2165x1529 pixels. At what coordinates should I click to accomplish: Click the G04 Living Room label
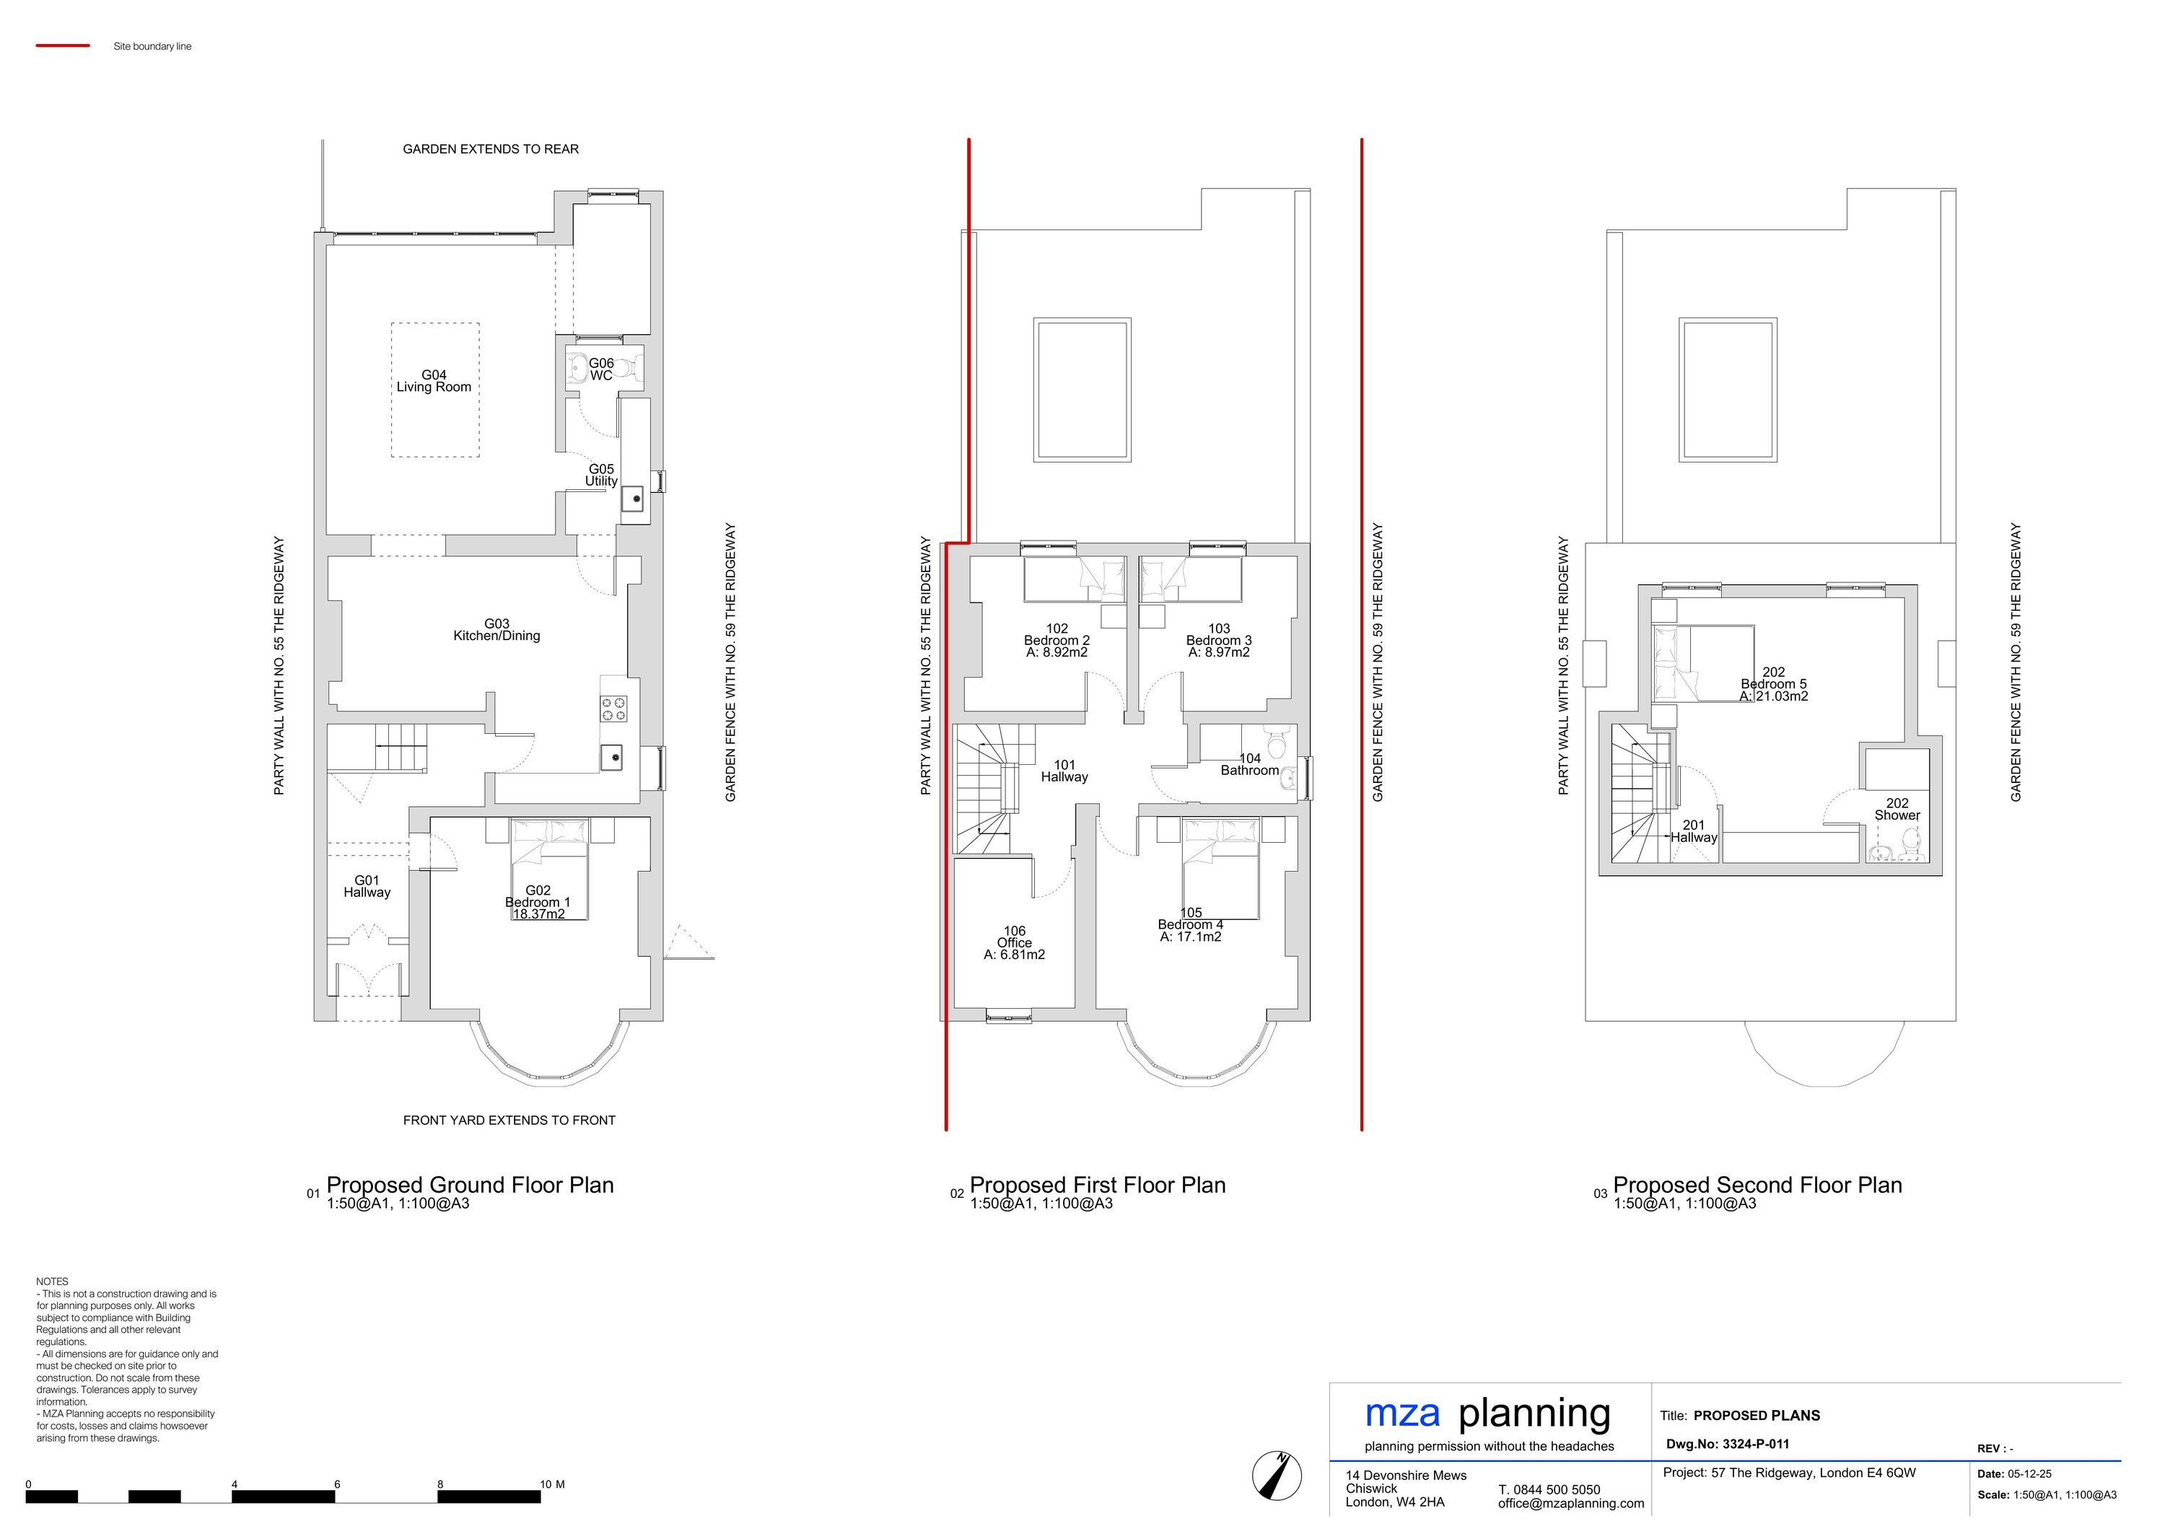click(434, 381)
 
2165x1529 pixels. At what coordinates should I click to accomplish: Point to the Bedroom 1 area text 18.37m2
click(538, 914)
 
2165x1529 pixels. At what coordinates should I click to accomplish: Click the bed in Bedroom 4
click(1220, 869)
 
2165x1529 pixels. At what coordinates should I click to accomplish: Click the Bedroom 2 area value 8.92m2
click(1057, 652)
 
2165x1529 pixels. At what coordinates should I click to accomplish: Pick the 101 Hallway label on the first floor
click(1064, 771)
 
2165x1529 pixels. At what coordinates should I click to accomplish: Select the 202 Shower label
click(1897, 810)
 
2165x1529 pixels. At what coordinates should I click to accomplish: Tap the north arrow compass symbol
click(1276, 1474)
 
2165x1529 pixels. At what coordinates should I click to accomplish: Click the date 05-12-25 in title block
click(2029, 1474)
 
